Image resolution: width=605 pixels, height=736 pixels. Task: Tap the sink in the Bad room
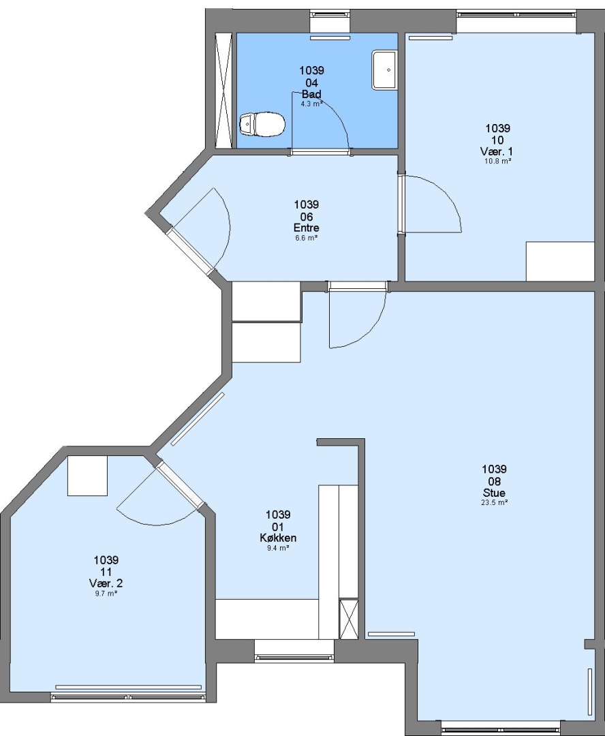pos(384,70)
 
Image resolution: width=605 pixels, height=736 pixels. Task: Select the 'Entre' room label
pos(307,228)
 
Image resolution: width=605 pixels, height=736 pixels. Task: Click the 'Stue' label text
pos(494,493)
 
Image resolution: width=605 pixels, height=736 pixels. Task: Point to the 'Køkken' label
pos(278,538)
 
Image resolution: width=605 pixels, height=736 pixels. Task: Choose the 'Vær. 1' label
pos(497,151)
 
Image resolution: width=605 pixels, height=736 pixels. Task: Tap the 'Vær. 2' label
pos(106,583)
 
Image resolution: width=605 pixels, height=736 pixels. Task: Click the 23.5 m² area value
pos(495,502)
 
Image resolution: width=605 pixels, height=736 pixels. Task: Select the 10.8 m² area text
pos(497,161)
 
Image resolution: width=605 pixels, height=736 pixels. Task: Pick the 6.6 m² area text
pos(307,238)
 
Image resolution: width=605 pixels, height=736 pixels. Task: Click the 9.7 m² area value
pos(105,594)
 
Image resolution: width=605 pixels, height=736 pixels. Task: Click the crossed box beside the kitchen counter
pos(349,619)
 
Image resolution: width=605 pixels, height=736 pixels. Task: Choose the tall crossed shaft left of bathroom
pos(223,90)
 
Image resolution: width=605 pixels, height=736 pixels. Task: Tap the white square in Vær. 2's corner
pos(87,476)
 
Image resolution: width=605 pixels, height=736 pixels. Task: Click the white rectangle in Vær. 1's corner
pos(560,262)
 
